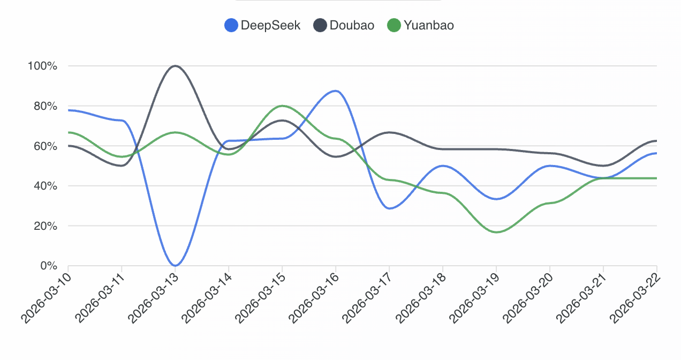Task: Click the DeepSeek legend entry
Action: click(x=262, y=25)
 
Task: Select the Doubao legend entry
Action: click(x=344, y=25)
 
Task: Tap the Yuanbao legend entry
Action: click(x=420, y=25)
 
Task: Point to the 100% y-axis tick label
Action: click(x=42, y=66)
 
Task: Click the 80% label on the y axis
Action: click(x=44, y=106)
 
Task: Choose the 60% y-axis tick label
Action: click(x=44, y=146)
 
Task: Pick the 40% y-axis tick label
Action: click(x=44, y=186)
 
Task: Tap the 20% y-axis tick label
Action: click(x=44, y=226)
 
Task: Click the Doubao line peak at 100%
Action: click(x=175, y=66)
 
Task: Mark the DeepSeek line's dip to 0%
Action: click(x=175, y=265)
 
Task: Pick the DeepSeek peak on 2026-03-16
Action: click(x=335, y=91)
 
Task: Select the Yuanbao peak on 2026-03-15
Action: click(x=282, y=106)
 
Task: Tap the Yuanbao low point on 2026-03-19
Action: click(x=496, y=232)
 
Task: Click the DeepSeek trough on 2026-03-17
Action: click(x=390, y=208)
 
